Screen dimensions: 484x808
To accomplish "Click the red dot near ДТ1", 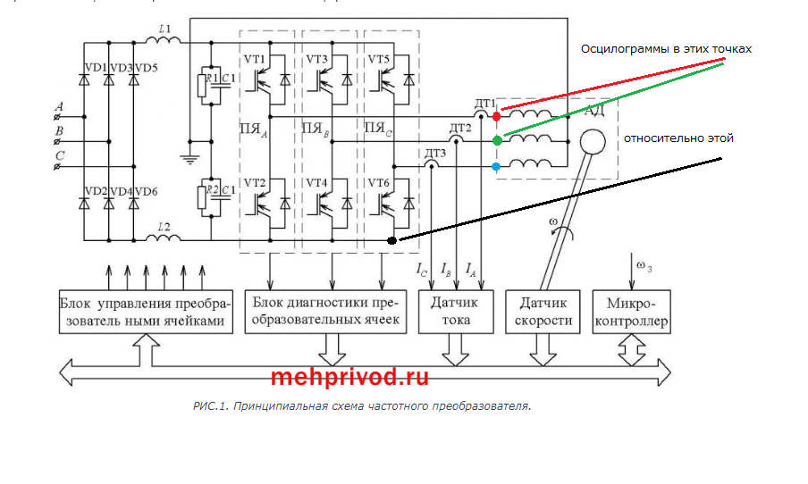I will (x=497, y=116).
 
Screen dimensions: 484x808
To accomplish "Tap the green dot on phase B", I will (x=497, y=141).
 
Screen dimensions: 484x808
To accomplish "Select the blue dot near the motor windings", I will (x=497, y=167).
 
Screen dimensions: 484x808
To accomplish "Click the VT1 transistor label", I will (x=255, y=60).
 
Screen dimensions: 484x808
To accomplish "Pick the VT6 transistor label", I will (x=380, y=183).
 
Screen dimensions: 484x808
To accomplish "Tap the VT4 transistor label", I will (x=317, y=183).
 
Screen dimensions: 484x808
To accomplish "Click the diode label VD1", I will (x=94, y=68).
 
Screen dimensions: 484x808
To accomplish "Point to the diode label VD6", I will (x=146, y=191).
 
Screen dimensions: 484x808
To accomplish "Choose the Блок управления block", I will (x=145, y=312).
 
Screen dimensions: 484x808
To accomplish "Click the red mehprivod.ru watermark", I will (x=349, y=377).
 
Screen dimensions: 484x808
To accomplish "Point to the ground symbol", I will (x=189, y=159).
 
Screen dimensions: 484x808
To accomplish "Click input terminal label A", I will (x=59, y=106).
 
